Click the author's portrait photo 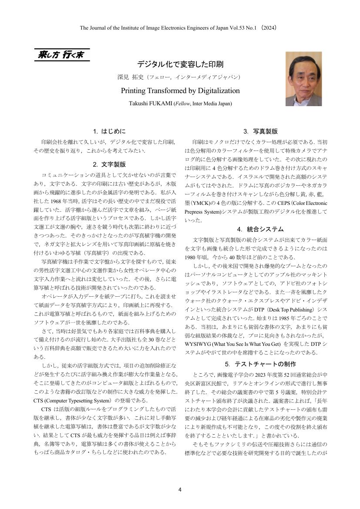(x=303, y=79)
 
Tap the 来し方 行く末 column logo (x=61, y=55)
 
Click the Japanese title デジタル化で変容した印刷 (x=180, y=64)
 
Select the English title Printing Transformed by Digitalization (x=180, y=90)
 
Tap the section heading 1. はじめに (x=109, y=131)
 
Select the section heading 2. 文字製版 (x=109, y=164)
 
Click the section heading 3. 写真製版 (x=260, y=131)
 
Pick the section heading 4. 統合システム (x=260, y=229)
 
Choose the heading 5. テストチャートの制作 (x=260, y=364)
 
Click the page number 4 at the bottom (x=180, y=489)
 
